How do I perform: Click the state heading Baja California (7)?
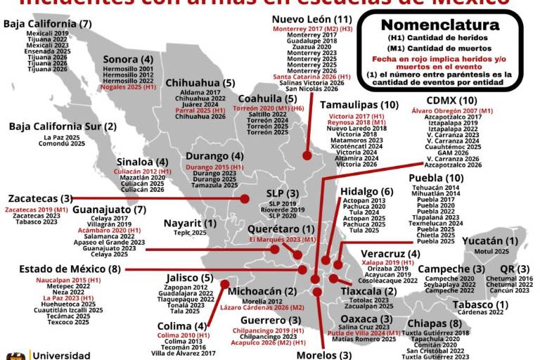(48, 24)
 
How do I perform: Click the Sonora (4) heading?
(128, 59)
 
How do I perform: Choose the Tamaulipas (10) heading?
(359, 105)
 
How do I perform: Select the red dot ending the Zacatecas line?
(244, 199)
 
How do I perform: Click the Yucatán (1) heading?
(490, 241)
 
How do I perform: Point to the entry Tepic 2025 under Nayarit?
(190, 233)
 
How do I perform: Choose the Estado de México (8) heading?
(70, 269)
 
